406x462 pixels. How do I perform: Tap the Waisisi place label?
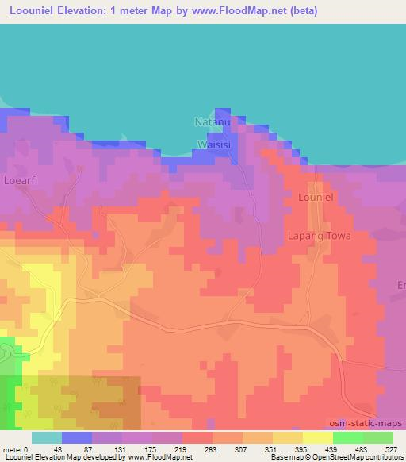214,144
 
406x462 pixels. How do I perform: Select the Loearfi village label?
21,182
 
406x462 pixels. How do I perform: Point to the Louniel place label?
319,195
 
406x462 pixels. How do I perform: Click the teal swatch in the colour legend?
47,437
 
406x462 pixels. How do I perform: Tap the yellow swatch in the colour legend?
317,437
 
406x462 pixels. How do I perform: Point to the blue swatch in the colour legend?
77,437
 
